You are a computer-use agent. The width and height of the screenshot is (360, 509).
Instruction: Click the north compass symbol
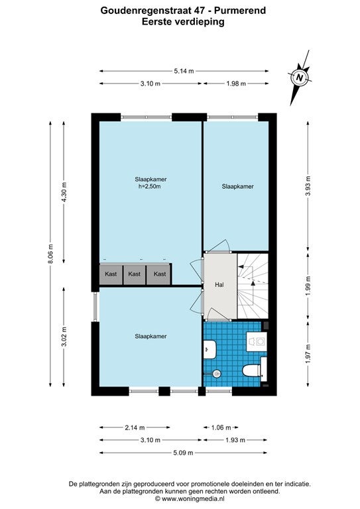300,78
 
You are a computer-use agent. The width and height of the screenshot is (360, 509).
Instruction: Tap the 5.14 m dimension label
184,71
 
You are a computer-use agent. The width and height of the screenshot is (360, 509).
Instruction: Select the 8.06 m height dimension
50,254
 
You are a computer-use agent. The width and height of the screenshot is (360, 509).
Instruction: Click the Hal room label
219,285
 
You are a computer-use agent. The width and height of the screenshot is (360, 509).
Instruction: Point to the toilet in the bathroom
252,370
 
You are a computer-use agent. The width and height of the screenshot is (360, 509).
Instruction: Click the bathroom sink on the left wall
210,349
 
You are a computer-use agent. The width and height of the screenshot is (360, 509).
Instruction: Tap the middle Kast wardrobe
135,274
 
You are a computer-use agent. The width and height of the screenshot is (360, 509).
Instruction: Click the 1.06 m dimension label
221,427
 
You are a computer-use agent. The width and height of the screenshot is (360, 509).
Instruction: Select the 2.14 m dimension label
135,427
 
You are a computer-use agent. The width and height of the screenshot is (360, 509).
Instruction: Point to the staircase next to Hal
253,286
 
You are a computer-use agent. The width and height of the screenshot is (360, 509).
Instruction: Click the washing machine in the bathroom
257,341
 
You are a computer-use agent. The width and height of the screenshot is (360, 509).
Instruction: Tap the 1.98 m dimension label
236,84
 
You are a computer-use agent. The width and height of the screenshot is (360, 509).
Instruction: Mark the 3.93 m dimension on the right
308,186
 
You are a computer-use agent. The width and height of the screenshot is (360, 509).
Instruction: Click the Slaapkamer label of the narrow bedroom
237,186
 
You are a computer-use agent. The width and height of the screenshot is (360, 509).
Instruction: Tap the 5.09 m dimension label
184,453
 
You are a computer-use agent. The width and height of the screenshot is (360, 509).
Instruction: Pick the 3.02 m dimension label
64,337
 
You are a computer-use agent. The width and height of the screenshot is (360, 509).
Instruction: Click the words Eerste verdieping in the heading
184,22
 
